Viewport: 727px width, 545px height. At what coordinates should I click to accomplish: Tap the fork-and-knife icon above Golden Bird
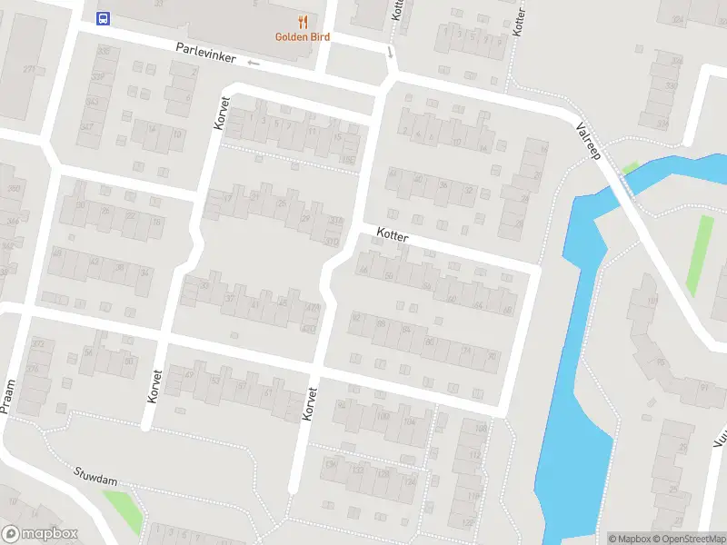click(303, 22)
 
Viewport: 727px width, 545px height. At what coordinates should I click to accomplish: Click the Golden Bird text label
click(303, 37)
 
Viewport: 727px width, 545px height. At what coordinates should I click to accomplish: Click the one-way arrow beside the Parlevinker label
click(254, 63)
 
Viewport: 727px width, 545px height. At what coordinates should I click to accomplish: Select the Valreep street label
click(589, 141)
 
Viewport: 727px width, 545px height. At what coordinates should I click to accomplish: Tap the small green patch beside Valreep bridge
click(630, 168)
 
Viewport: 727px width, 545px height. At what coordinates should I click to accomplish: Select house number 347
click(86, 126)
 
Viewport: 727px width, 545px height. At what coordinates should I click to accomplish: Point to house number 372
click(37, 343)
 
